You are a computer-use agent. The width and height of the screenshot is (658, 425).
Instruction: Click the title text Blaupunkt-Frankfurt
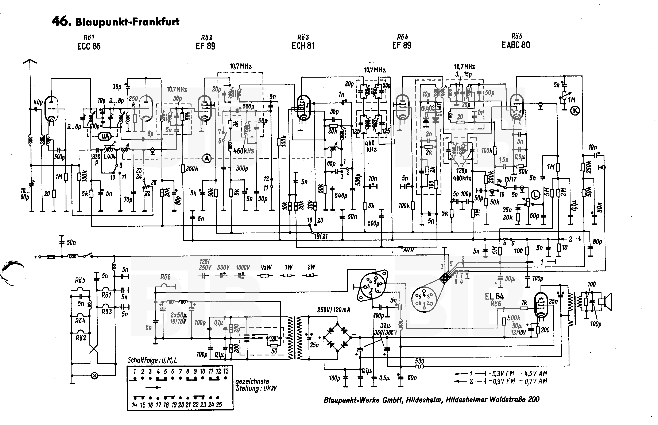pos(127,22)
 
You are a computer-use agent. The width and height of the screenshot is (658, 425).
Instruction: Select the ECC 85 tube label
pos(89,46)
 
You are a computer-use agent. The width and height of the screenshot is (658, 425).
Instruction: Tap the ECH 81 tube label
pos(303,46)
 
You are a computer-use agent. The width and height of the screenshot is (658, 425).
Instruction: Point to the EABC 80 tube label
pos(516,45)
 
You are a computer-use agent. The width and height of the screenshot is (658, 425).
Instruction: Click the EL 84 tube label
pos(494,296)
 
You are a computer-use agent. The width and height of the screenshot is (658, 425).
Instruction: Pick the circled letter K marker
pos(575,111)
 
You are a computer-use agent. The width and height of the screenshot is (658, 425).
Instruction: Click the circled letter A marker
pos(207,158)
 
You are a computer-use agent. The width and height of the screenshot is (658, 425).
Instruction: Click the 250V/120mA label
pos(334,310)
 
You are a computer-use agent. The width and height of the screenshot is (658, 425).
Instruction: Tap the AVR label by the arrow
pos(409,250)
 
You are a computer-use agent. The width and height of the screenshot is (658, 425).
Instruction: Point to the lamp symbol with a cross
pos(95,376)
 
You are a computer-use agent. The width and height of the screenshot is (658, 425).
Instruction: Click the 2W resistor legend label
pos(311,267)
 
